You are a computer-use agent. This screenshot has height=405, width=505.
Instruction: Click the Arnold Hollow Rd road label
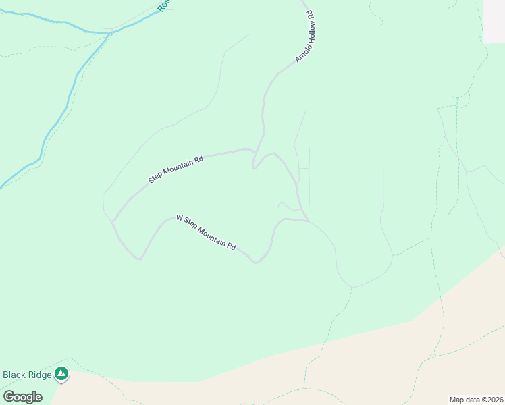pos(305,36)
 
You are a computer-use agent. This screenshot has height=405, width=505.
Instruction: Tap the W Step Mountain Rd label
pos(206,232)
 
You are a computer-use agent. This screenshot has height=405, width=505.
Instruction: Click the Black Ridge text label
pos(27,375)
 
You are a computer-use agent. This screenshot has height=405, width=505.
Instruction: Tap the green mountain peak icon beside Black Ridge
pos(61,373)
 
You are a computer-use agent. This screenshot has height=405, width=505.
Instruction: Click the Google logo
pos(22,397)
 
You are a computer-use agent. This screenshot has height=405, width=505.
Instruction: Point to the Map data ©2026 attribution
pos(476,400)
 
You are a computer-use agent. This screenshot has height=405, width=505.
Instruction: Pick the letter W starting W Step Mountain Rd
pos(180,218)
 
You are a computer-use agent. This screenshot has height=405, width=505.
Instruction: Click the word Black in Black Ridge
pos(15,375)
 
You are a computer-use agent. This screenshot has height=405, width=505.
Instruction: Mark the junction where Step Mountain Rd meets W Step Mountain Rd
pos(113,221)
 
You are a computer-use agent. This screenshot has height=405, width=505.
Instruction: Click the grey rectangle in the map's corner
pos(494,22)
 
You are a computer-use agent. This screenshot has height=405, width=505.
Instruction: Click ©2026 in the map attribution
pos(491,400)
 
